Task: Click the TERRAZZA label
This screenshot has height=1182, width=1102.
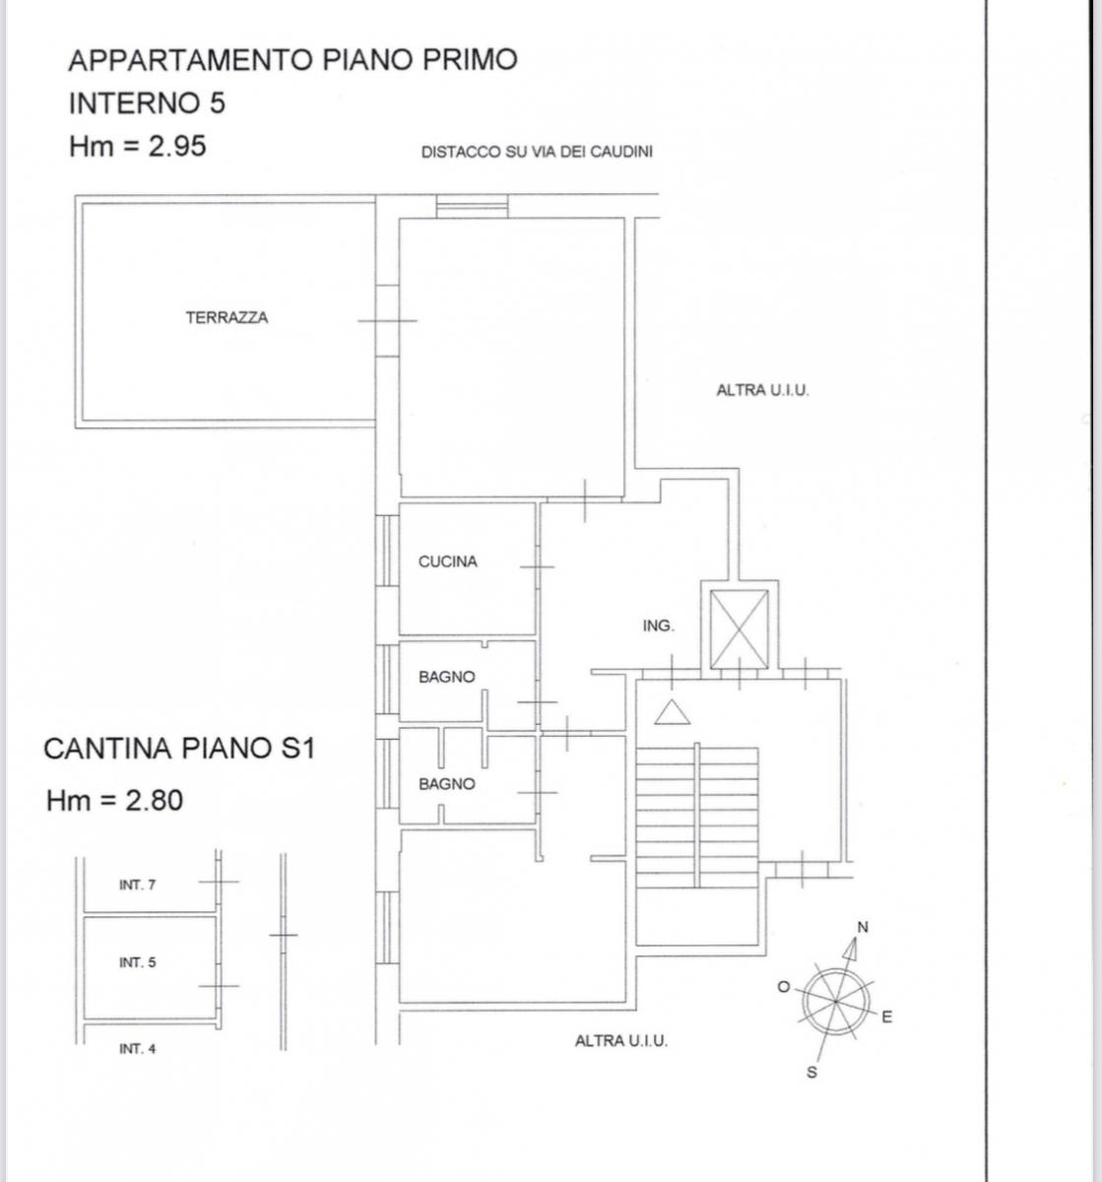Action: click(x=227, y=318)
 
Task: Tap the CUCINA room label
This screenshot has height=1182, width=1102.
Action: click(x=447, y=561)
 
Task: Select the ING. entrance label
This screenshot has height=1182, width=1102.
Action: click(x=658, y=625)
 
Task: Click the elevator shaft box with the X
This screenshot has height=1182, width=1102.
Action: click(x=740, y=627)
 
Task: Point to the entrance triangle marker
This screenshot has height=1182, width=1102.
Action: click(x=673, y=712)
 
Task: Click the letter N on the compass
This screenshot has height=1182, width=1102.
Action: click(x=863, y=927)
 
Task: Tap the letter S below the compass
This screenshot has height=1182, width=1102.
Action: click(x=811, y=1073)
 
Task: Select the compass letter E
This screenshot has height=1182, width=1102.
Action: click(x=886, y=1018)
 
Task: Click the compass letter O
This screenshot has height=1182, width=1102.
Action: click(x=784, y=987)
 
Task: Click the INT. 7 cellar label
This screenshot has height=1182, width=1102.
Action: click(x=137, y=885)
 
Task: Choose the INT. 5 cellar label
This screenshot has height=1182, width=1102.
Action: click(x=137, y=962)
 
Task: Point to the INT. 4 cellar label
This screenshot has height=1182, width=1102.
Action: click(x=137, y=1049)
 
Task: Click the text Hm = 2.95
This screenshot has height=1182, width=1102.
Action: click(x=138, y=147)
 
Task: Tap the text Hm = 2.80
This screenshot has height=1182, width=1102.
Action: click(x=114, y=800)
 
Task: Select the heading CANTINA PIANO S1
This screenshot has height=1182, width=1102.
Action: click(x=179, y=749)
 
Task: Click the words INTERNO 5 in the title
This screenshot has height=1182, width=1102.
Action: click(x=147, y=102)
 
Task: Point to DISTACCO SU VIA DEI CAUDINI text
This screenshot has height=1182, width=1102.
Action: click(x=537, y=153)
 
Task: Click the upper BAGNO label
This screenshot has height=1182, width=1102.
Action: click(x=446, y=677)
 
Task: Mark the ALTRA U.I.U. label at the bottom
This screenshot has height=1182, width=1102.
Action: click(x=620, y=1040)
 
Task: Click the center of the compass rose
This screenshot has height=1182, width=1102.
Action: click(x=835, y=1001)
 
